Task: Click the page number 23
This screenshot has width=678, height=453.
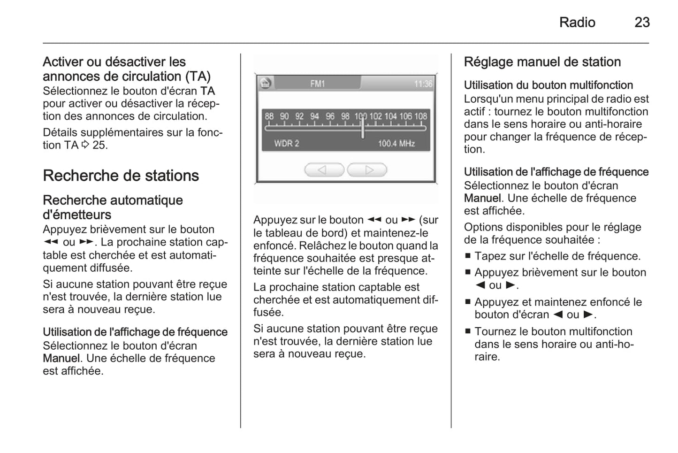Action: (642, 22)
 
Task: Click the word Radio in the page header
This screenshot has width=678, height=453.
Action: (577, 22)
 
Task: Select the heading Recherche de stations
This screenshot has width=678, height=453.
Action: (121, 176)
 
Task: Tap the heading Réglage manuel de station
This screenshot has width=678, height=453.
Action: (542, 62)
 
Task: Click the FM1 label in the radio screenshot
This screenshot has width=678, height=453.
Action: (317, 84)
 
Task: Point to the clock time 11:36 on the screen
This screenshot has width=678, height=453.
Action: (423, 84)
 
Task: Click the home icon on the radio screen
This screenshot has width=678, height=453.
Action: (265, 83)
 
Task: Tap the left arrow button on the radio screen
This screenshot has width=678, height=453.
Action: (324, 170)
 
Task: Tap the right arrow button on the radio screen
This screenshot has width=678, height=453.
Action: (367, 170)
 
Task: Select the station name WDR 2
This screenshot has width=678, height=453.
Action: (286, 144)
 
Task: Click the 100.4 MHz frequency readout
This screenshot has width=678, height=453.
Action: (396, 144)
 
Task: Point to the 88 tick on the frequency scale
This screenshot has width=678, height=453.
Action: (269, 116)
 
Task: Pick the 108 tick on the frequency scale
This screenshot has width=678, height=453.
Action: (420, 116)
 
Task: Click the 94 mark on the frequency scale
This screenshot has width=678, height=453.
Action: (314, 116)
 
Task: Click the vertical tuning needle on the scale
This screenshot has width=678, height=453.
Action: (362, 127)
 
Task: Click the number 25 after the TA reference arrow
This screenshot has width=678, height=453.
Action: (99, 145)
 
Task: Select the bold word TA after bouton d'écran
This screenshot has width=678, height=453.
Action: (207, 91)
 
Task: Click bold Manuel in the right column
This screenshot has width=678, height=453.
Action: (482, 198)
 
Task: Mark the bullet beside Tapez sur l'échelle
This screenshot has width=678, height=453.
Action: (468, 256)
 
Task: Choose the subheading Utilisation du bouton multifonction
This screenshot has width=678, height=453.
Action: (548, 85)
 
